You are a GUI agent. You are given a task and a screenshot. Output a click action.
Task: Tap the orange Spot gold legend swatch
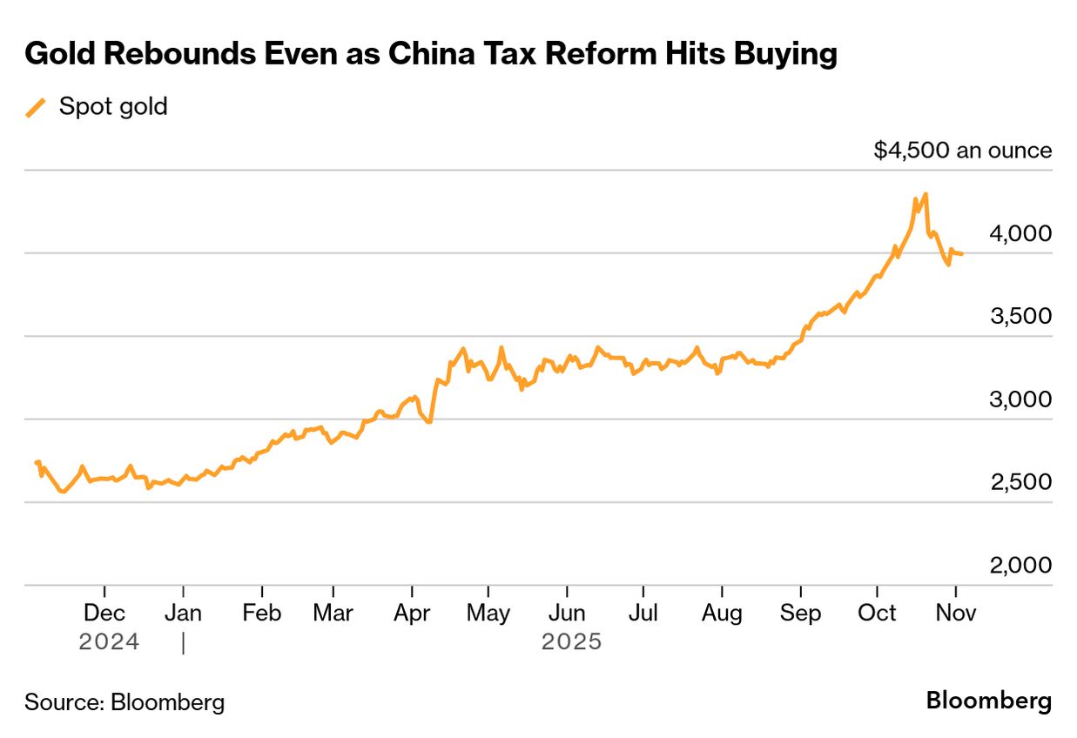click(x=36, y=108)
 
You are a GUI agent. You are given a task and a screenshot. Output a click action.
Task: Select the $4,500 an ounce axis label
click(x=962, y=151)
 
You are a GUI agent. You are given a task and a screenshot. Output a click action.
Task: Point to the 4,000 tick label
click(x=1020, y=233)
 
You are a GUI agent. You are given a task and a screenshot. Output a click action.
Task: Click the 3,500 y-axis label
click(x=1020, y=316)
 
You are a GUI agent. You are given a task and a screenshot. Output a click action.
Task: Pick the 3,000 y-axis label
click(x=1020, y=399)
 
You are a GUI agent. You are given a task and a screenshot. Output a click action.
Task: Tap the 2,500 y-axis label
click(x=1020, y=482)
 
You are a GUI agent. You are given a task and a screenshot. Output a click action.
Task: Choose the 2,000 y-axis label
click(x=1020, y=566)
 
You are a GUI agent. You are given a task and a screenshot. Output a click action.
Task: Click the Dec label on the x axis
click(x=104, y=613)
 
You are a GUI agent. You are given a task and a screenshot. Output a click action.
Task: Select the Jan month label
click(x=183, y=613)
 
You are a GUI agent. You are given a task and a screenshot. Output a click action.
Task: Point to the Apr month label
click(x=412, y=613)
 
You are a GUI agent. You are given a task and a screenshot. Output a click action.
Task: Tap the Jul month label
click(x=643, y=613)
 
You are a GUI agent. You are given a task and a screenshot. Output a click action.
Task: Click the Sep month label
click(x=800, y=613)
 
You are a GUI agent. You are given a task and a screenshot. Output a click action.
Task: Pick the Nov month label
click(x=956, y=613)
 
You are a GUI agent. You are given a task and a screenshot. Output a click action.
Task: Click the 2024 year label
click(x=109, y=642)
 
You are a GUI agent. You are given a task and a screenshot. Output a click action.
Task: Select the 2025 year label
click(x=571, y=642)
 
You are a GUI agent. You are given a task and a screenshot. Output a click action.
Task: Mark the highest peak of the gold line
click(x=925, y=194)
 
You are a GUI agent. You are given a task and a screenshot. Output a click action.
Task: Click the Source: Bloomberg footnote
click(x=125, y=701)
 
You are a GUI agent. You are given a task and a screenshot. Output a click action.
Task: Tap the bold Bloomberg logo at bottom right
click(x=988, y=701)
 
